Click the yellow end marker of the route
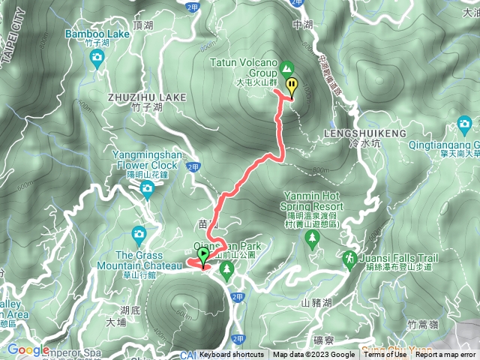pyautogui.click(x=291, y=86)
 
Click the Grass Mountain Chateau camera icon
pyautogui.click(x=139, y=234)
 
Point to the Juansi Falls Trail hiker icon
pyautogui.click(x=349, y=259)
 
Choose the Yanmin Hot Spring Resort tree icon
pyautogui.click(x=311, y=238)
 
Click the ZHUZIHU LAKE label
pyautogui.click(x=136, y=97)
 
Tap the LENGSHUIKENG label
pyautogui.click(x=364, y=132)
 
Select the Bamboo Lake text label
pyautogui.click(x=97, y=34)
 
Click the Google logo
pyautogui.click(x=28, y=349)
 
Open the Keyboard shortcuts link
pyautogui.click(x=232, y=355)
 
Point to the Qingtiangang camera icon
pyautogui.click(x=464, y=123)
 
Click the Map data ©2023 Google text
pyautogui.click(x=314, y=355)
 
